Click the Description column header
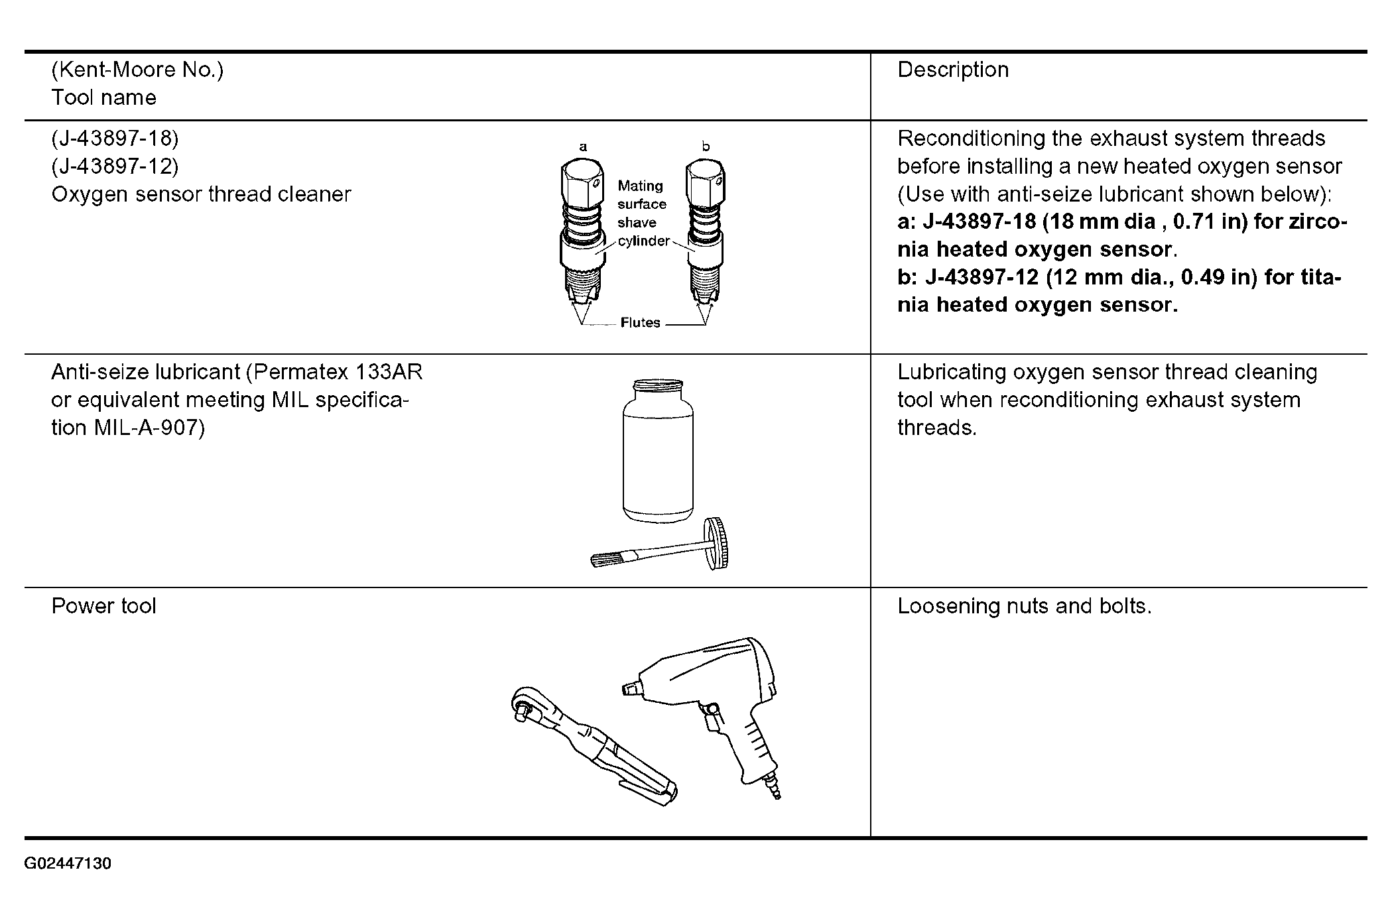click(x=952, y=70)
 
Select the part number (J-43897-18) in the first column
click(x=115, y=139)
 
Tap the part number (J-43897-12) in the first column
click(x=115, y=166)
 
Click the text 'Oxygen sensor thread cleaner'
click(x=201, y=194)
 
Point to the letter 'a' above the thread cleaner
click(x=583, y=147)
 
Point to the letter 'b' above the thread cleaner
click(x=706, y=147)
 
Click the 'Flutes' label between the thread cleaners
click(x=640, y=323)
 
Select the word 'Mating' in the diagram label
click(x=640, y=186)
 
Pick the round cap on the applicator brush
click(x=718, y=543)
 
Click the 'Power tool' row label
click(x=104, y=606)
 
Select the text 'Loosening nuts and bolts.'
click(x=1024, y=606)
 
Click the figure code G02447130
click(x=68, y=863)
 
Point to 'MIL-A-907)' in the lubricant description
click(x=149, y=428)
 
